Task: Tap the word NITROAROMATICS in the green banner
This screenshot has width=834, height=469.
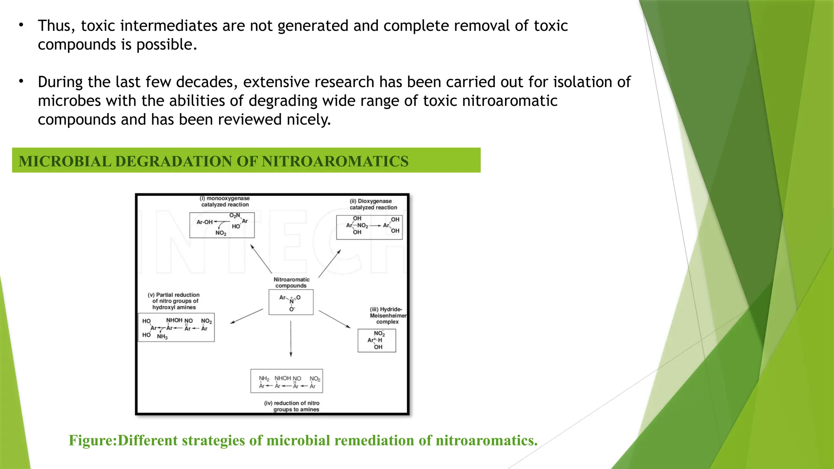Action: click(x=335, y=161)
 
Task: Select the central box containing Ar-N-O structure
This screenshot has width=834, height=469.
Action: click(x=291, y=302)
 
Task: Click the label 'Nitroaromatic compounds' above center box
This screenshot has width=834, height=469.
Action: click(x=291, y=283)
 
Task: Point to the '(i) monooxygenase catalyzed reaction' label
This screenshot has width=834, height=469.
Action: click(x=225, y=202)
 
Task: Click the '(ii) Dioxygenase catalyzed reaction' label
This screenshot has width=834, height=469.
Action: click(x=373, y=204)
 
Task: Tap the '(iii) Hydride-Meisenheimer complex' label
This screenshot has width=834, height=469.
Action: click(x=387, y=316)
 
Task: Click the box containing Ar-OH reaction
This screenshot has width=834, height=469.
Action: click(x=222, y=225)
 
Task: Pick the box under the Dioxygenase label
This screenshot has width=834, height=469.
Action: click(x=369, y=227)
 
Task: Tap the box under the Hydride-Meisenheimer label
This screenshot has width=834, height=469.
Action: click(x=377, y=340)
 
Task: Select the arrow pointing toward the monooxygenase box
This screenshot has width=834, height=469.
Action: click(x=261, y=259)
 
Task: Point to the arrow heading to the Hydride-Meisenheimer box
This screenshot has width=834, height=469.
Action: click(x=334, y=319)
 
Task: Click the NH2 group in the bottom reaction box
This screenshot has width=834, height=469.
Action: click(x=264, y=379)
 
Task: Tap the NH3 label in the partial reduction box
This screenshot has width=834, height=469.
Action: click(x=162, y=337)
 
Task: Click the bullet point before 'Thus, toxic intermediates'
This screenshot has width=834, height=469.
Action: click(x=21, y=26)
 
